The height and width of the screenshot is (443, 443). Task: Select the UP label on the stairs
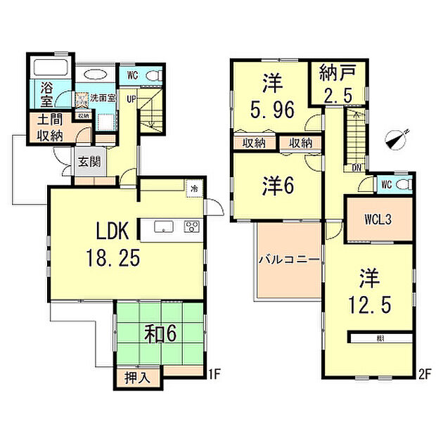pyautogui.click(x=131, y=100)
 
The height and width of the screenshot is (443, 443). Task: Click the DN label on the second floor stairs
pyautogui.click(x=357, y=167)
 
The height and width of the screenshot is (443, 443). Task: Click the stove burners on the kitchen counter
pyautogui.click(x=191, y=226)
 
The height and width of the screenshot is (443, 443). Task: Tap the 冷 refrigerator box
pyautogui.click(x=193, y=187)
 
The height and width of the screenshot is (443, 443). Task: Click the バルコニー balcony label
pyautogui.click(x=289, y=259)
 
